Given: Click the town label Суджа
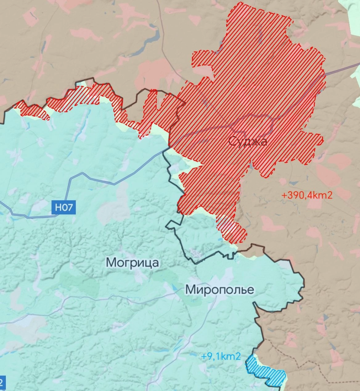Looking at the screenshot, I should [x=248, y=141].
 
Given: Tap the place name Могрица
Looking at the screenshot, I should [x=133, y=263].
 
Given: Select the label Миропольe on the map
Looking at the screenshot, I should [x=220, y=290].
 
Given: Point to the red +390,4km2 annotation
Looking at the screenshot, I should [x=307, y=195].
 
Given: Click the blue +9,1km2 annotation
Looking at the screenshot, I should [x=221, y=357].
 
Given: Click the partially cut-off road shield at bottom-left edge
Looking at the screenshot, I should [x=2, y=381].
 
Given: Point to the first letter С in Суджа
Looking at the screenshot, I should [x=232, y=141].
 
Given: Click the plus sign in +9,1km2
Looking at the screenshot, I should [x=203, y=357].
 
